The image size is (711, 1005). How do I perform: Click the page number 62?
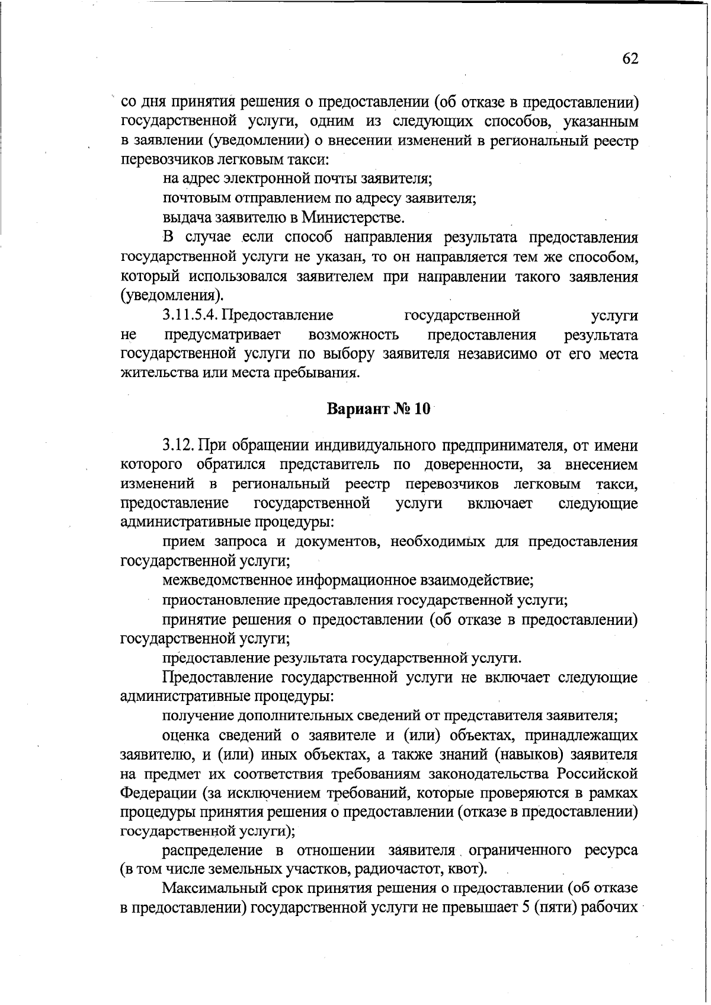point(630,59)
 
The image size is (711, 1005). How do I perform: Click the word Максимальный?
point(216,889)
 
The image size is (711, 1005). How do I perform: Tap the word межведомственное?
point(228,579)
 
